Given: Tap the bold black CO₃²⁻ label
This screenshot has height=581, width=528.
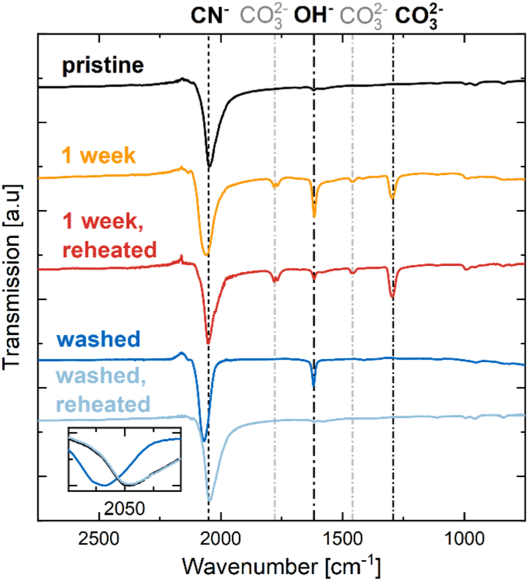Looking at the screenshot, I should (x=416, y=16).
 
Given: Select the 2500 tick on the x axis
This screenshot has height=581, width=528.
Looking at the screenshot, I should (x=99, y=540).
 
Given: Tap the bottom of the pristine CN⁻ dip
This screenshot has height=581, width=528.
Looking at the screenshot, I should (x=210, y=167).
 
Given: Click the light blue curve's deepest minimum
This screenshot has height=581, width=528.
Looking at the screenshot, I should (x=210, y=500).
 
